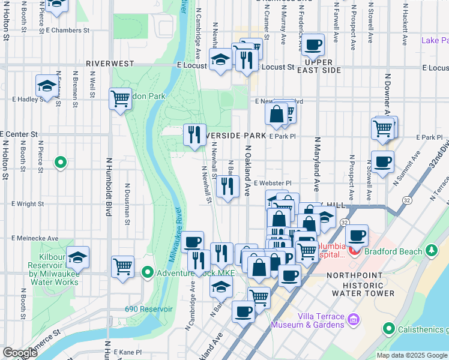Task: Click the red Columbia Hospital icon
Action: click(x=354, y=249)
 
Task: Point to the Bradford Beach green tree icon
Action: click(x=430, y=249)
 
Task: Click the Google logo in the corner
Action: click(x=20, y=353)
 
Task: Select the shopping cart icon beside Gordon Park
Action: click(x=120, y=98)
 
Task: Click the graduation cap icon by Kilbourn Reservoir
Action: click(x=78, y=257)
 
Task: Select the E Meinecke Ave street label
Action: click(x=33, y=238)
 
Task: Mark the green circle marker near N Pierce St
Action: click(x=60, y=162)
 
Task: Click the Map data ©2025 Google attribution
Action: click(x=412, y=355)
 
